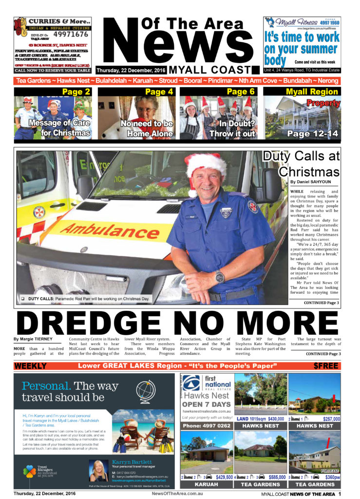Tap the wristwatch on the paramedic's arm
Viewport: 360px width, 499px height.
click(x=219, y=276)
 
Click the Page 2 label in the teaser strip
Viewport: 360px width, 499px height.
click(x=76, y=92)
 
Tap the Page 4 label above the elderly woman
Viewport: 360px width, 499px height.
click(x=159, y=92)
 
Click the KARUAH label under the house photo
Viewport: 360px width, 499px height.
click(x=206, y=485)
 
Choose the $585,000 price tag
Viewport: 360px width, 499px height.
click(x=275, y=477)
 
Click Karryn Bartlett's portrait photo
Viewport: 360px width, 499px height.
click(x=99, y=471)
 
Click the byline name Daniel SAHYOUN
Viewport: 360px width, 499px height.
click(x=313, y=182)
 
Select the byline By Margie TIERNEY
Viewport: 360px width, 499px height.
click(x=33, y=339)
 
